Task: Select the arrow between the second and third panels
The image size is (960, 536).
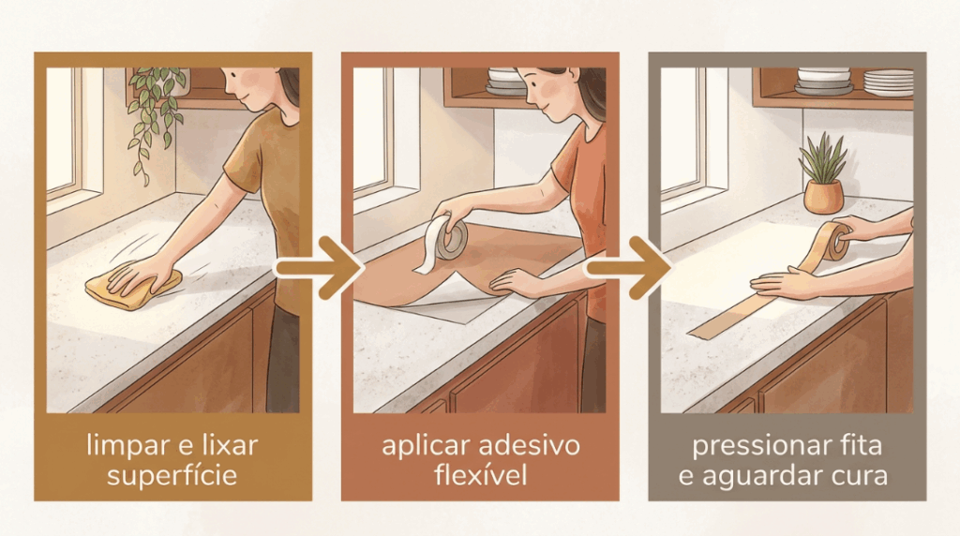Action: click(x=627, y=267)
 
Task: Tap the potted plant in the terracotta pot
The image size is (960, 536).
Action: click(x=823, y=175)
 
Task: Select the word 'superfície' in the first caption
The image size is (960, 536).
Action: click(x=172, y=476)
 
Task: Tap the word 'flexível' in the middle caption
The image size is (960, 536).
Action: click(x=481, y=475)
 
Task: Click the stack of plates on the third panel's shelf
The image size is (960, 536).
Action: click(x=889, y=82)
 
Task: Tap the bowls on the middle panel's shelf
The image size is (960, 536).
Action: click(x=505, y=82)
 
